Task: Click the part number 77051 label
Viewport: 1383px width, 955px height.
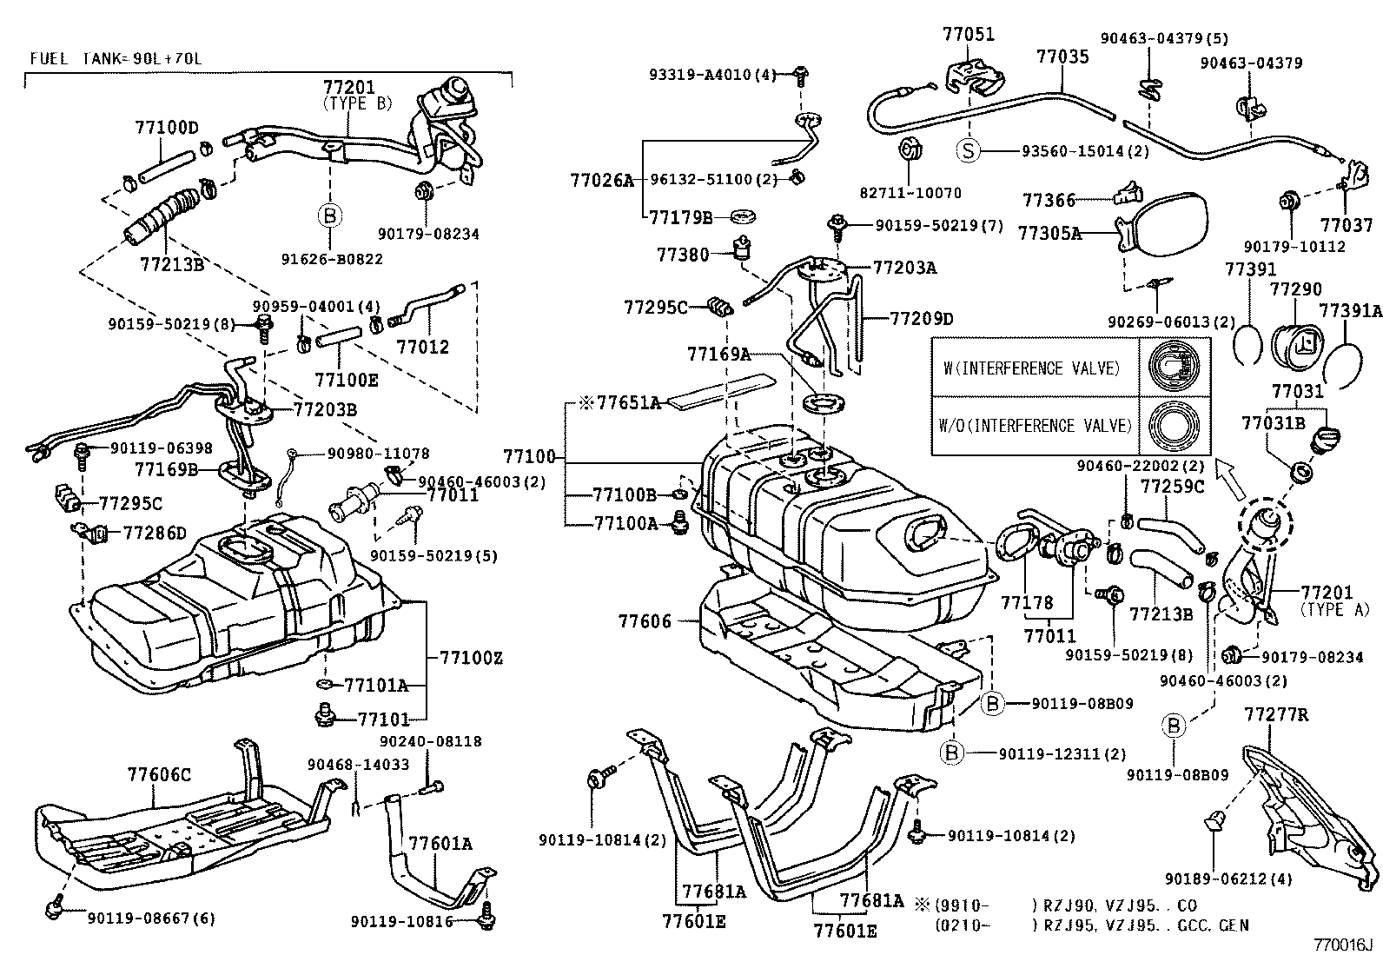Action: coord(969,35)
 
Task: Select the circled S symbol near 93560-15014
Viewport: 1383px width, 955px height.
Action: coord(968,150)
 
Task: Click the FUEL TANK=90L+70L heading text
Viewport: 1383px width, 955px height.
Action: coord(116,59)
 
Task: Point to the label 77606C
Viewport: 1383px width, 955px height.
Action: coord(159,774)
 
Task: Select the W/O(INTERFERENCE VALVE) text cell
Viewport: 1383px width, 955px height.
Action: coord(1035,426)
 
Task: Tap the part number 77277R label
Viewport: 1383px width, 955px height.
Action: coord(1274,715)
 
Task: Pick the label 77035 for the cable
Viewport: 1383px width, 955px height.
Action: coord(1062,57)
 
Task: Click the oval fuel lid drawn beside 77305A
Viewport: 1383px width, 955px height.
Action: coord(1168,224)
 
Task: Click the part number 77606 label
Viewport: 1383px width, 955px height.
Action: coord(645,621)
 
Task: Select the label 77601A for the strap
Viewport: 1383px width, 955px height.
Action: coord(440,844)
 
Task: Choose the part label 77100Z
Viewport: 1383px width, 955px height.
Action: coord(471,658)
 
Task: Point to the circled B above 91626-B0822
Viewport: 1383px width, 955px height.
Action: coord(330,215)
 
